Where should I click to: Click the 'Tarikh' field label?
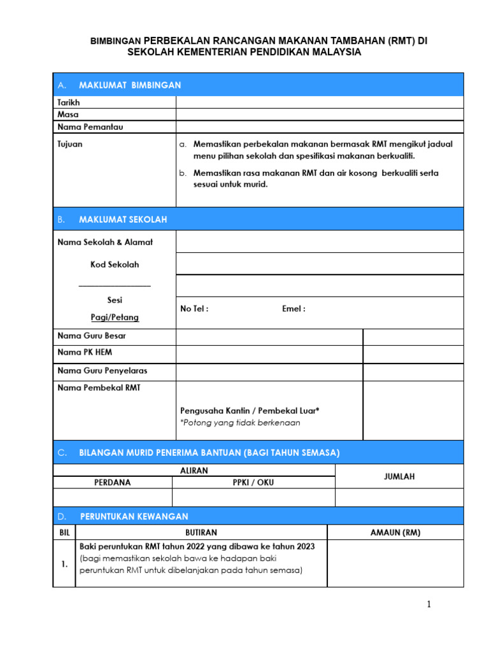[x=69, y=102]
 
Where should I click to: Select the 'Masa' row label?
[x=68, y=114]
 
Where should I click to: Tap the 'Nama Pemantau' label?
[x=90, y=127]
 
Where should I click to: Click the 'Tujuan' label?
[x=70, y=144]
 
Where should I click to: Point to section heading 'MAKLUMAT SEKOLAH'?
[x=123, y=219]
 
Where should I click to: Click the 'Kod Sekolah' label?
[x=115, y=264]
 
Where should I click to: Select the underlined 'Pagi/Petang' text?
[x=115, y=317]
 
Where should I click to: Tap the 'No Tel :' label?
[x=194, y=309]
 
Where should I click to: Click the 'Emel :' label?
[x=294, y=309]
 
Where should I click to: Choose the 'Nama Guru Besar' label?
[x=92, y=336]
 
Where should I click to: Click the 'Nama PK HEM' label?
[x=85, y=352]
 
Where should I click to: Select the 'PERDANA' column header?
[x=113, y=483]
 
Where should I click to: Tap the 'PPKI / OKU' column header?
[x=253, y=483]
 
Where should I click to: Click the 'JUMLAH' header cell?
[x=399, y=476]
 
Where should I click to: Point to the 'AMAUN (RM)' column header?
[x=395, y=532]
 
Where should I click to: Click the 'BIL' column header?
[x=65, y=532]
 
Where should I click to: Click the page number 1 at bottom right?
[x=429, y=605]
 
